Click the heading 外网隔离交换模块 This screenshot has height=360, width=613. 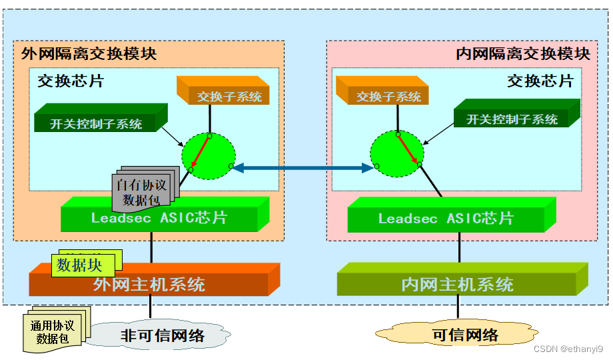coord(89,54)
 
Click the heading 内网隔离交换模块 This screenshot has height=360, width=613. coord(523,54)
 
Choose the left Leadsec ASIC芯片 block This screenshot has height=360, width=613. coord(160,217)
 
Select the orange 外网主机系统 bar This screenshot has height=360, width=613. coord(150,284)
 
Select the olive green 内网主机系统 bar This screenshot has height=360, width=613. coord(458,284)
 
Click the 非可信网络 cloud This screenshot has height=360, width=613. coord(162,335)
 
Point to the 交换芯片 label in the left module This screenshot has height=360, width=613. coord(71,81)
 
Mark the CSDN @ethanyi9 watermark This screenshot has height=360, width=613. coord(568,349)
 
